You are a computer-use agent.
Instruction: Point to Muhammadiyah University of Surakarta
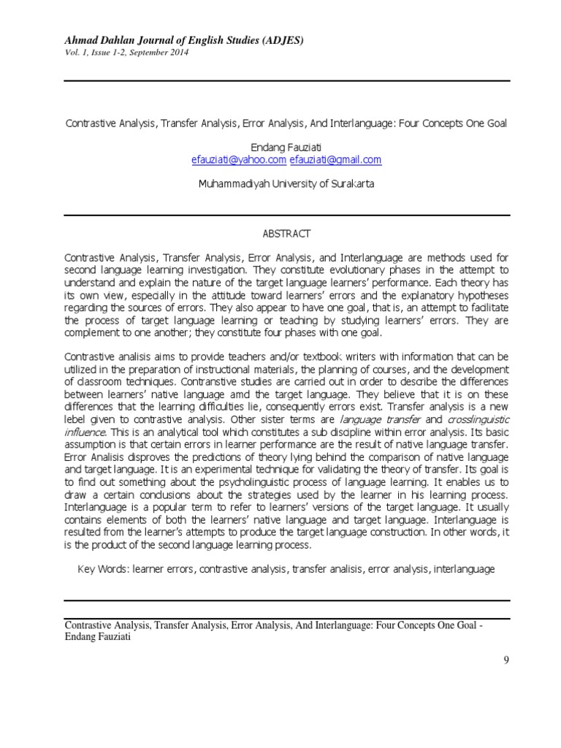[x=286, y=184]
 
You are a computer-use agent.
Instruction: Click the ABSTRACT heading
[x=286, y=234]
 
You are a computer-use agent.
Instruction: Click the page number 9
[x=505, y=660]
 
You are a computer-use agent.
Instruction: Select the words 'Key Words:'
[x=104, y=568]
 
